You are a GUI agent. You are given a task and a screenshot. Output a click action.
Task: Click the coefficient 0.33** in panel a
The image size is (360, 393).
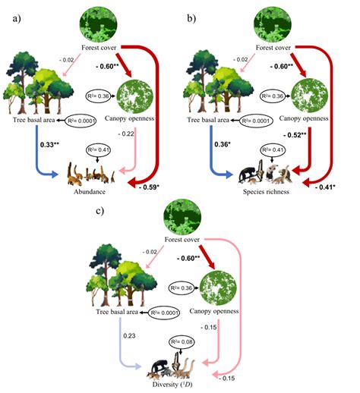point(30,146)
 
